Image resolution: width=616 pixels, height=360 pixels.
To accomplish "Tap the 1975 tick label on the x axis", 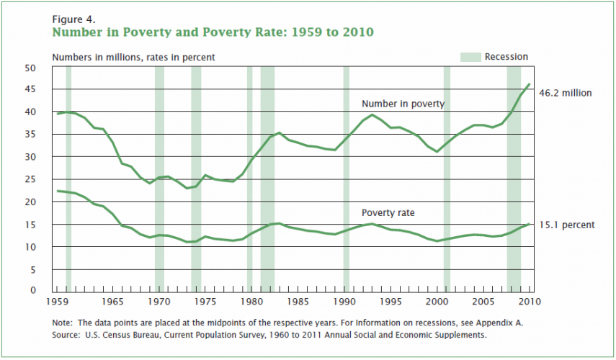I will pyautogui.click(x=207, y=301).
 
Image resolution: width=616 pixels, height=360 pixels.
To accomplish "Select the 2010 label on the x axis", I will pyautogui.click(x=530, y=301).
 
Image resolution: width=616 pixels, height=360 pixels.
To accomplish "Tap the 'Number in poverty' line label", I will pyautogui.click(x=403, y=104).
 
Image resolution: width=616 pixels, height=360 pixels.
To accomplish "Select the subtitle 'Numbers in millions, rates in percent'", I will pyautogui.click(x=133, y=57).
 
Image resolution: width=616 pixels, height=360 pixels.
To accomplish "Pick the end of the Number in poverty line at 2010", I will pyautogui.click(x=530, y=84).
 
